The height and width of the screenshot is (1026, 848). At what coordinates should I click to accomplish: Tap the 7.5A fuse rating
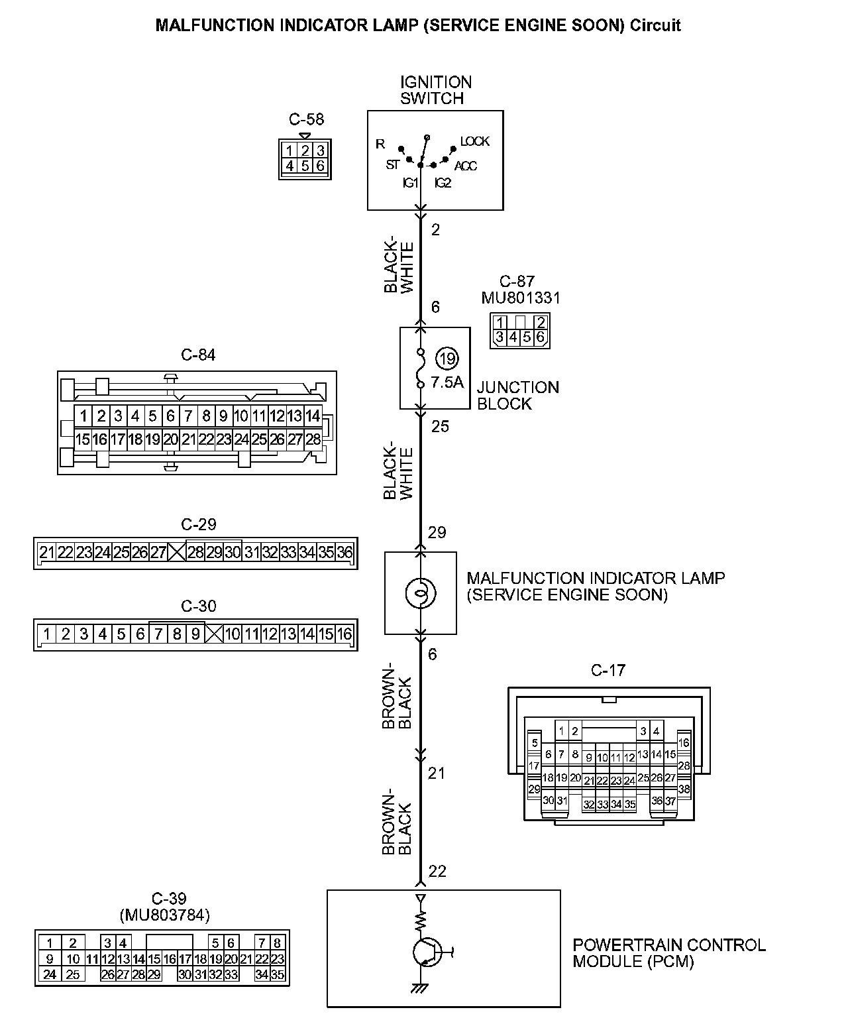(447, 382)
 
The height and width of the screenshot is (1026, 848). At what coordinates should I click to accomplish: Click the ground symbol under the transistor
(419, 988)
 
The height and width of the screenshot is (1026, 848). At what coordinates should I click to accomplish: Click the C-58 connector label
(306, 119)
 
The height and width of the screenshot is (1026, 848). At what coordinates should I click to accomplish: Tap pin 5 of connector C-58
(305, 166)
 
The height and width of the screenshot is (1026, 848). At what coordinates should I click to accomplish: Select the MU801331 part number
(521, 298)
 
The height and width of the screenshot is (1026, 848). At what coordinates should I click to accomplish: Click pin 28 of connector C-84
(313, 439)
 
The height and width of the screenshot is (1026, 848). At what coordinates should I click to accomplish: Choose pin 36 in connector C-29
(344, 552)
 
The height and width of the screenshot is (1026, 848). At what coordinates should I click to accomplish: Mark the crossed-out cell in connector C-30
(213, 634)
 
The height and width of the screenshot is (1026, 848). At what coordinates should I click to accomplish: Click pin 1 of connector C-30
(46, 634)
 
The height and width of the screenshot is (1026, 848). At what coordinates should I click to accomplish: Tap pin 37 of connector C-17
(670, 801)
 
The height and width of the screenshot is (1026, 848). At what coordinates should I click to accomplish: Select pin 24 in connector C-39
(49, 974)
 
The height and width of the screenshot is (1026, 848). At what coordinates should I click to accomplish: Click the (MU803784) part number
(164, 915)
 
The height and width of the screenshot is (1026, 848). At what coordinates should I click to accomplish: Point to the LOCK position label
(474, 141)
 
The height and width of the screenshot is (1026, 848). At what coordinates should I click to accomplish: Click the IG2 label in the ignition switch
(443, 183)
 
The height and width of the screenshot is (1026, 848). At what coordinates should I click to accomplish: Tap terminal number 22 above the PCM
(437, 872)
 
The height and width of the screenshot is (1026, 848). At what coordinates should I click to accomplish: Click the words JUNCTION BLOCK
(517, 396)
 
